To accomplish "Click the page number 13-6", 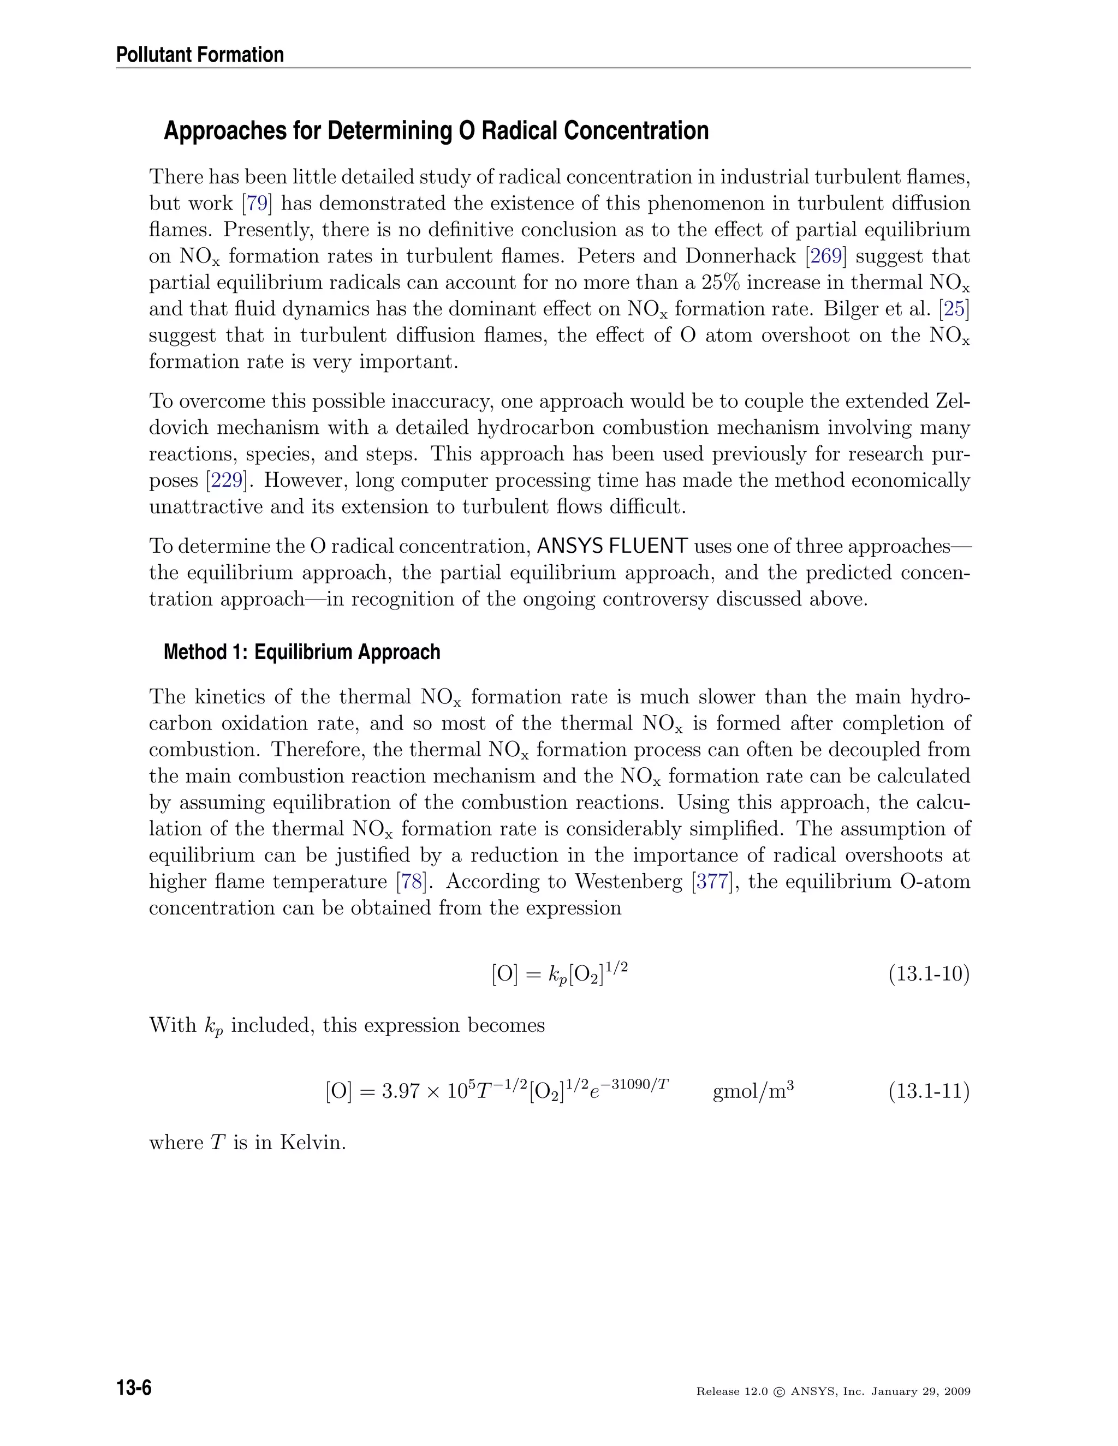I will (x=134, y=1388).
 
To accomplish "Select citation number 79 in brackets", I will (x=257, y=204).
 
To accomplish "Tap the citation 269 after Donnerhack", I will (x=826, y=256).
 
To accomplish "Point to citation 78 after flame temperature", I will (x=411, y=881).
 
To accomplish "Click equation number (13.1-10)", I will (x=929, y=974).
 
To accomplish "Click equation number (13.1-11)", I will (x=929, y=1090).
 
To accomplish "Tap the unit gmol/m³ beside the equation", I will (x=753, y=1090).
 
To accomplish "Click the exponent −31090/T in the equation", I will (x=637, y=1084).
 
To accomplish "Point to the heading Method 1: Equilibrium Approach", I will (x=301, y=652).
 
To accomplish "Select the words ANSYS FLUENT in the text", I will (x=612, y=546).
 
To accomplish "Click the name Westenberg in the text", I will (x=630, y=881).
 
